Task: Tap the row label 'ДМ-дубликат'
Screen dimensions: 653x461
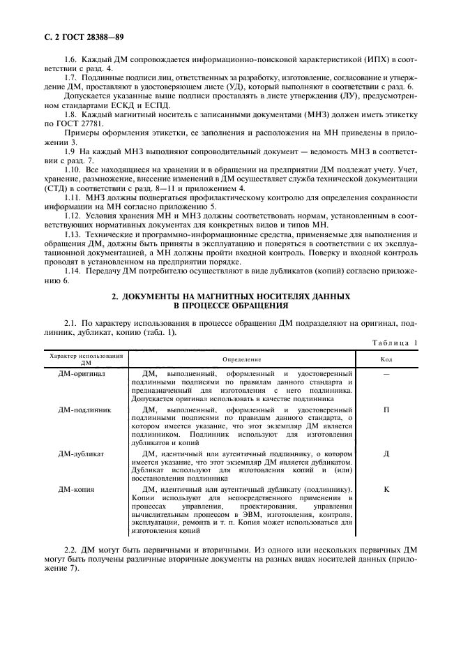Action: [x=81, y=453]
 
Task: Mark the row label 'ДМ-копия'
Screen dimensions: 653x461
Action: [x=77, y=490]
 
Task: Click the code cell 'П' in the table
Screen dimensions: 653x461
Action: [x=386, y=410]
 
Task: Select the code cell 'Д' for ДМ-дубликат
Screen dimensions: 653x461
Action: [x=386, y=453]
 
